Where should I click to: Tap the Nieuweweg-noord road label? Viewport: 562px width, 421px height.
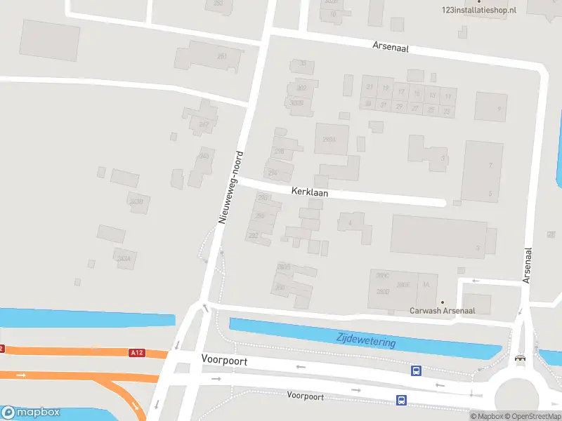click(231, 187)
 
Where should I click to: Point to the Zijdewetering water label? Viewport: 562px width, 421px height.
click(365, 340)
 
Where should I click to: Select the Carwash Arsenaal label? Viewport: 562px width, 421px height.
click(443, 310)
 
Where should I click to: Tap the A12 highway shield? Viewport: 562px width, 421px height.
click(136, 353)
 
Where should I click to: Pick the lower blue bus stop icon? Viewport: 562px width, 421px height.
click(401, 401)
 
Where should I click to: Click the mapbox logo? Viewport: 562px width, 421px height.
click(31, 412)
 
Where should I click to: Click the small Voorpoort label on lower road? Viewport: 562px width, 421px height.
click(306, 396)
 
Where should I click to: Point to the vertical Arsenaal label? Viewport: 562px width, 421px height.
click(527, 265)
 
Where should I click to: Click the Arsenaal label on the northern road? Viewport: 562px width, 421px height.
click(391, 47)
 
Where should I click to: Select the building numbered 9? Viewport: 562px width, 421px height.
click(491, 107)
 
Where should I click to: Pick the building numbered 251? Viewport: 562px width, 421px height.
click(223, 56)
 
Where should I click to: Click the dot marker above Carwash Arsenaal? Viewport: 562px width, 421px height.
click(443, 302)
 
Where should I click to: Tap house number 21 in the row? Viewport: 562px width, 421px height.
click(369, 88)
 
